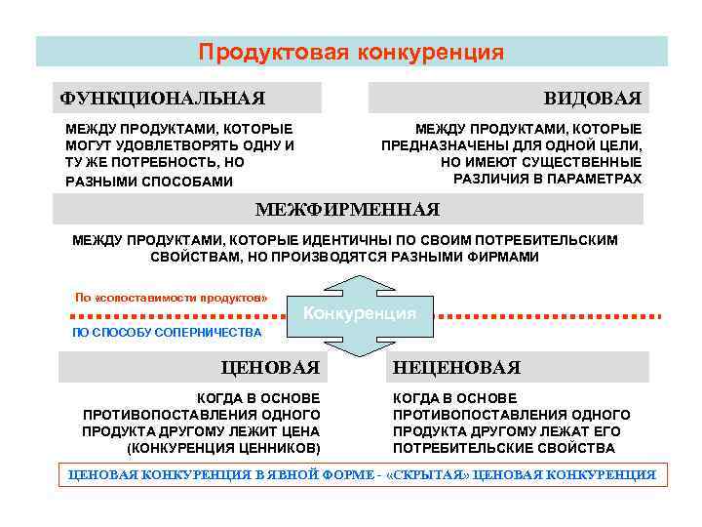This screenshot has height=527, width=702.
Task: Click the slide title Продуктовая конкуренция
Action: [351, 52]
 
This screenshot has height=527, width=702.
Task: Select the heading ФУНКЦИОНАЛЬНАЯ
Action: [162, 98]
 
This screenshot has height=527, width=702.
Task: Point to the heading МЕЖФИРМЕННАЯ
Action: [347, 209]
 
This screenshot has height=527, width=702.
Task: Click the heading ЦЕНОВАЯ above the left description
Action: [271, 367]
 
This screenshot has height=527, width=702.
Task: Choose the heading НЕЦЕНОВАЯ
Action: [456, 367]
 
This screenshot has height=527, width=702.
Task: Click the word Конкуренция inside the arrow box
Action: [360, 313]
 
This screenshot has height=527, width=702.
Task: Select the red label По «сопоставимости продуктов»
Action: [171, 297]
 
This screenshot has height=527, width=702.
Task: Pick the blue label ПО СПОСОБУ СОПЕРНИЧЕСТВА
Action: [167, 333]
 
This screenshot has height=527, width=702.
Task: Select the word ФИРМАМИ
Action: [502, 257]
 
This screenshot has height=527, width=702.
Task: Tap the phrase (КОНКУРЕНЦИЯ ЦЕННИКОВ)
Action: [223, 448]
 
